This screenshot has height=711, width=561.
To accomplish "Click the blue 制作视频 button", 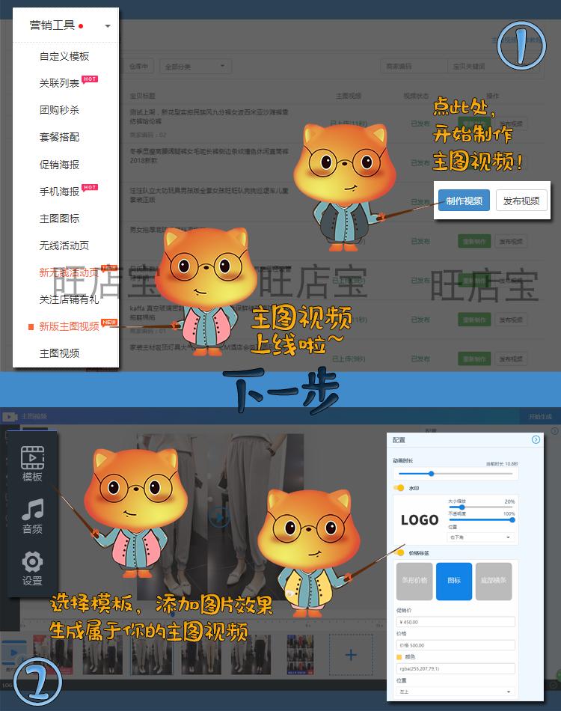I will pos(464,201).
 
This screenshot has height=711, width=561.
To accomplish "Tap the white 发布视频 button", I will pos(521,201).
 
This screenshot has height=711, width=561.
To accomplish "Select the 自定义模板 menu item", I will pos(64,56).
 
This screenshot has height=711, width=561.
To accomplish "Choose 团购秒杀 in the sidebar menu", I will pos(59,110).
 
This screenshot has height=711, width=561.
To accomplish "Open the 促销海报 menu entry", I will pos(59,165).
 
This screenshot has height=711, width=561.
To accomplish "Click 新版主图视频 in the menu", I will pos(69,326).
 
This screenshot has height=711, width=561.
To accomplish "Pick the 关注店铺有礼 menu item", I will pos(69,299).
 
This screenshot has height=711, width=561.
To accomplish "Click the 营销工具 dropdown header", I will pos(66,25).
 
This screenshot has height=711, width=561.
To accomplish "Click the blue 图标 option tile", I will pos(454,581).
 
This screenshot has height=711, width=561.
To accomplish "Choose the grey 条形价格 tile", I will pos(414,581).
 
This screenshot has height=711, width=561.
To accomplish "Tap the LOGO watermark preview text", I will pos(419,520).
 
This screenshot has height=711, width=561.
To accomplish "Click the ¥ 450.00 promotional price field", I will pos(455,622).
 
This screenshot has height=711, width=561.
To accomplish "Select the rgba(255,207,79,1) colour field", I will pos(455,668).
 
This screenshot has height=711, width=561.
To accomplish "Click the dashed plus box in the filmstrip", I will pos(351,655).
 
